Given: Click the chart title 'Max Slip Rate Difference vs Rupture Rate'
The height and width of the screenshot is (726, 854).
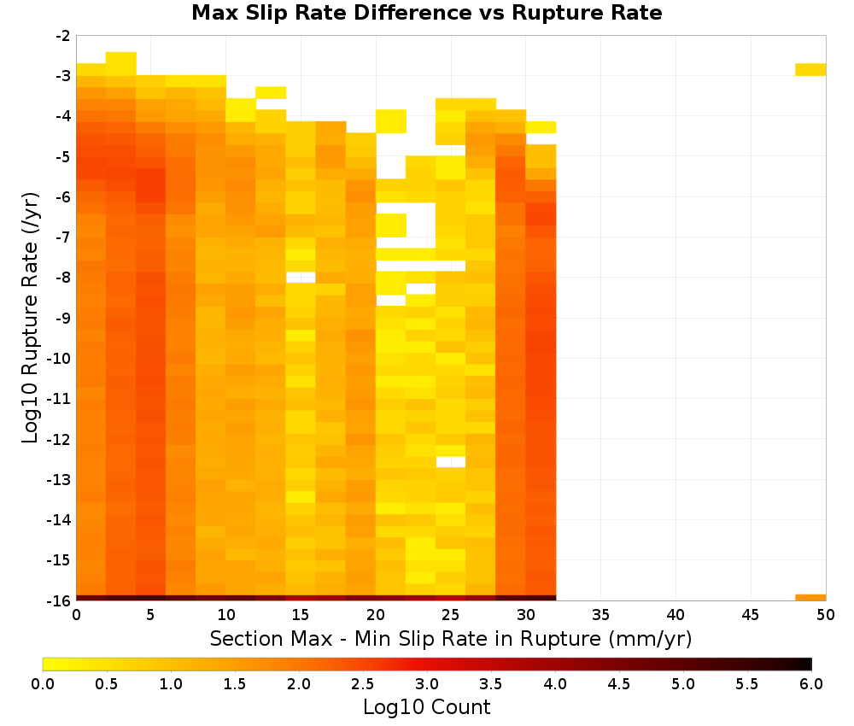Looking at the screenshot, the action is pos(426,13).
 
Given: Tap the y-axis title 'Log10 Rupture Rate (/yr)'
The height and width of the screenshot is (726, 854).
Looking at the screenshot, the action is pos(30,318).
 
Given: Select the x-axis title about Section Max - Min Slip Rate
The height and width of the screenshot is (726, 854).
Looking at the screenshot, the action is pos(450,638).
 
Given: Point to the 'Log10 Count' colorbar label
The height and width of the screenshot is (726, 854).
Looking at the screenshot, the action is pos(426,707).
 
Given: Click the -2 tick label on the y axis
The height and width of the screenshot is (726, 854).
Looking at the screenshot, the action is pos(62,36).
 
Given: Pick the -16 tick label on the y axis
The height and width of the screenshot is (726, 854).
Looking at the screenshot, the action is pos(59,600).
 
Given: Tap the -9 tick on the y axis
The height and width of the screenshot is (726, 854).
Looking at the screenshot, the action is pos(62,318).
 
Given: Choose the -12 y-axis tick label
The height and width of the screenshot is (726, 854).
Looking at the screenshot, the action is pos(59,439).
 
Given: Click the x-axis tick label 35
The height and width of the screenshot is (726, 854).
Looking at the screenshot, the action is pos(600,615).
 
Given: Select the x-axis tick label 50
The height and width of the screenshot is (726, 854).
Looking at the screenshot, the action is pos(826,615).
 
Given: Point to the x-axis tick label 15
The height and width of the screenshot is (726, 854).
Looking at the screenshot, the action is pos(301,615).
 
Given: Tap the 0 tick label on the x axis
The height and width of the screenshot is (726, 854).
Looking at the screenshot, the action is pos(76,615).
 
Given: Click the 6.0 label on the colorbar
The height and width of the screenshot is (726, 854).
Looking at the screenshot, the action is pos(811,684).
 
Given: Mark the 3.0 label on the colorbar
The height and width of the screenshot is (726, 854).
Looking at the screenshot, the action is pos(426,684).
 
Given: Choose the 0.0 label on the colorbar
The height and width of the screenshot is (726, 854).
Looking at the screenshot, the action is pos(43,684).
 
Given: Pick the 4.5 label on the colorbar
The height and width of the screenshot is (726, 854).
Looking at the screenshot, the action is pos(618,684).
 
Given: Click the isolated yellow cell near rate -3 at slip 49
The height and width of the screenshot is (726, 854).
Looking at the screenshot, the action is pos(810,70).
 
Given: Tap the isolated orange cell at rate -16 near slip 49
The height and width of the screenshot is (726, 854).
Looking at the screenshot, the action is pos(810,598).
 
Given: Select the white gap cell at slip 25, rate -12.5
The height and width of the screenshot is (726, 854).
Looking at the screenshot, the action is pos(450,462).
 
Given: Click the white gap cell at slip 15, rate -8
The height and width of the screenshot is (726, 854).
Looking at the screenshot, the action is pos(301,278).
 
